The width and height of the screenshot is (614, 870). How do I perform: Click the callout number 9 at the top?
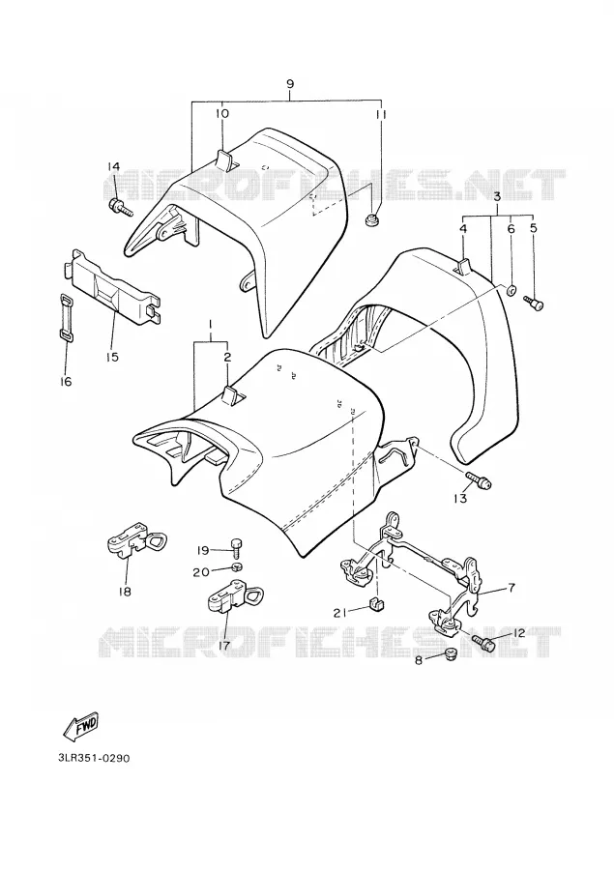click(x=290, y=84)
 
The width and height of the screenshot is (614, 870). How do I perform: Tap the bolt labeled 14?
click(x=122, y=208)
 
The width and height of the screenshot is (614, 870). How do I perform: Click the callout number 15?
click(x=112, y=356)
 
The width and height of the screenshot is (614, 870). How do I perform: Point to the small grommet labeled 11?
click(x=372, y=219)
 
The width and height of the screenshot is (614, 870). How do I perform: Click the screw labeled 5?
click(x=534, y=303)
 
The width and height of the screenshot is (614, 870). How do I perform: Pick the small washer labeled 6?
click(x=511, y=289)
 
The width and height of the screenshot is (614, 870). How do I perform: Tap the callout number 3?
click(x=497, y=196)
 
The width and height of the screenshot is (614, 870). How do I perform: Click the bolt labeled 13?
click(x=479, y=479)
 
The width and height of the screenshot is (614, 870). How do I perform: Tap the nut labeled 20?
click(x=238, y=567)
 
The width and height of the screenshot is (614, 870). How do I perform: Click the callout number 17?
click(x=225, y=645)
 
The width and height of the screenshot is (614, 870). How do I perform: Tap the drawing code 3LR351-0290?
click(x=94, y=758)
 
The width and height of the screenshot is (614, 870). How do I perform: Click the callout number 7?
click(x=512, y=587)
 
